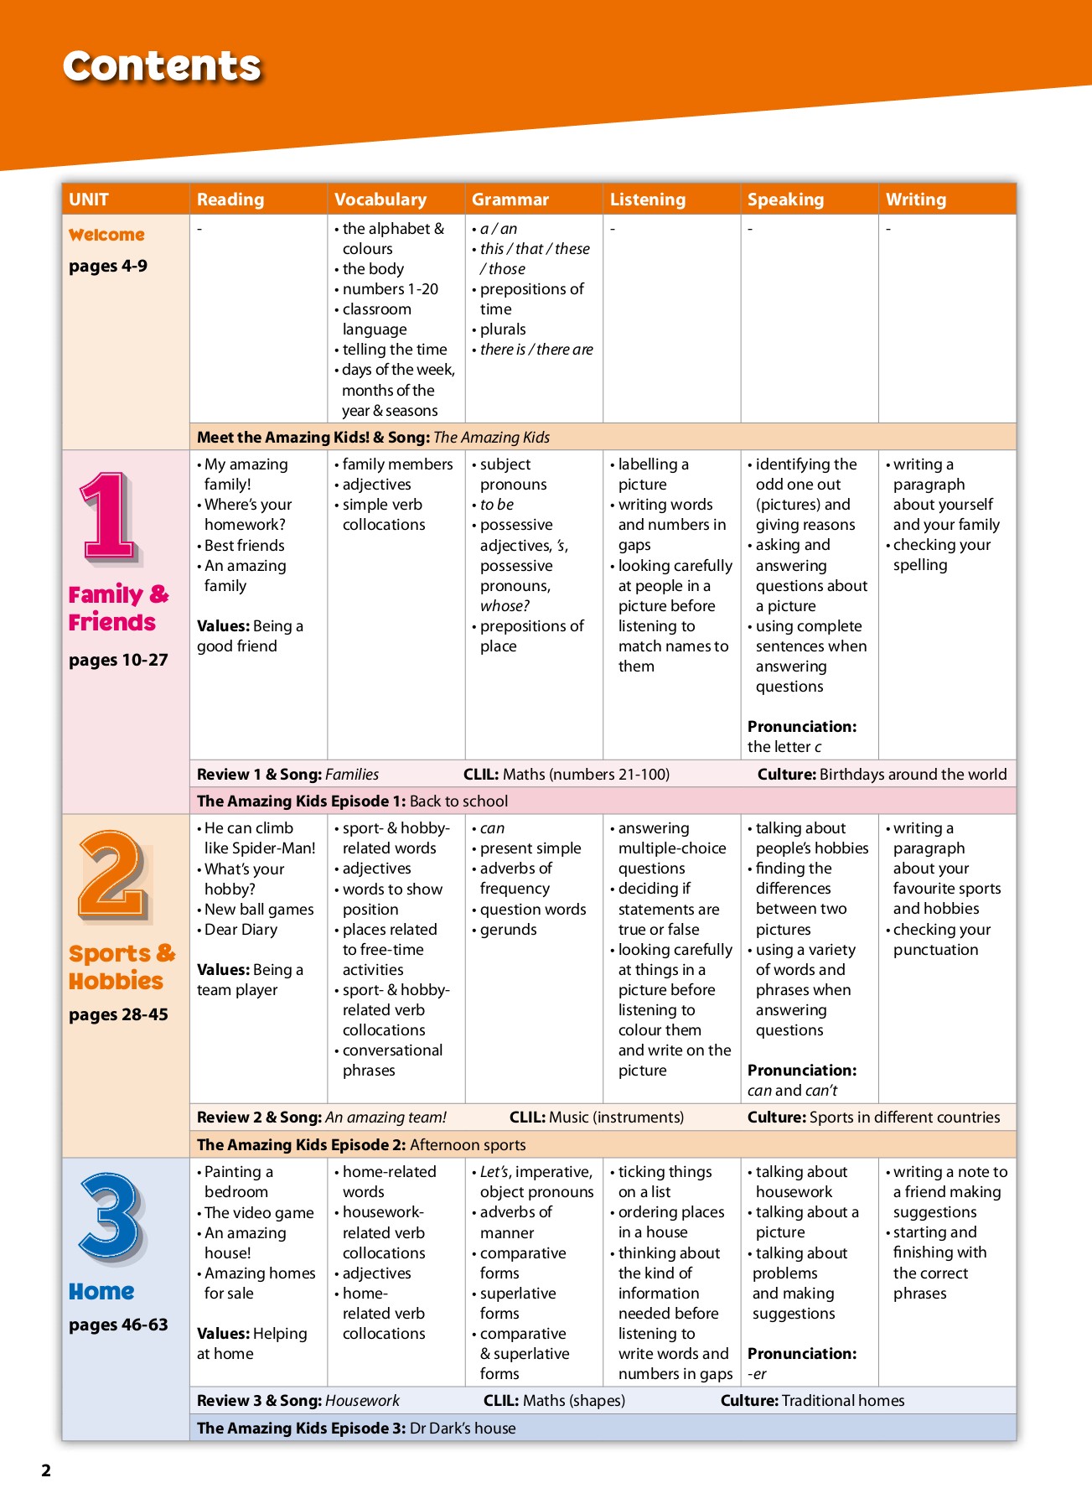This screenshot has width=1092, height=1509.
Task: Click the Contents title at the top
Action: (162, 66)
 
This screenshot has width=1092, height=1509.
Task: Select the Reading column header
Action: (230, 200)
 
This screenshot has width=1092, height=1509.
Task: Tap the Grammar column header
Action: (510, 200)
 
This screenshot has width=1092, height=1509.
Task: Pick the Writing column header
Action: (915, 200)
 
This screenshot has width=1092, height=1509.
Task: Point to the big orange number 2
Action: (114, 876)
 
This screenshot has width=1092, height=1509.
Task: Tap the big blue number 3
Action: (111, 1217)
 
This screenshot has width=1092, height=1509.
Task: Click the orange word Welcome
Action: (106, 235)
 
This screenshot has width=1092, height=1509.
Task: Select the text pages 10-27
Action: (118, 660)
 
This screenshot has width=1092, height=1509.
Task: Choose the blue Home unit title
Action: (101, 1291)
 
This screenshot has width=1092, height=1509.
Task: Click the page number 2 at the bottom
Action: (46, 1470)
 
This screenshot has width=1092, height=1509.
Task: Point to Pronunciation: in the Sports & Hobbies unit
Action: (801, 1070)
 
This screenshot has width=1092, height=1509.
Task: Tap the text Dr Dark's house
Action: (463, 1428)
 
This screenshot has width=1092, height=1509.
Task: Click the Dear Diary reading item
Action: (241, 930)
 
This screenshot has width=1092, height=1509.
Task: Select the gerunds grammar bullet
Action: (508, 930)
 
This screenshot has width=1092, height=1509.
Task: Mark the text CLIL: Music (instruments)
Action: (597, 1117)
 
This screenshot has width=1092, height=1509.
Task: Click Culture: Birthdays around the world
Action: (882, 774)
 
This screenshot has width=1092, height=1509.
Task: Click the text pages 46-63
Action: (118, 1325)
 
